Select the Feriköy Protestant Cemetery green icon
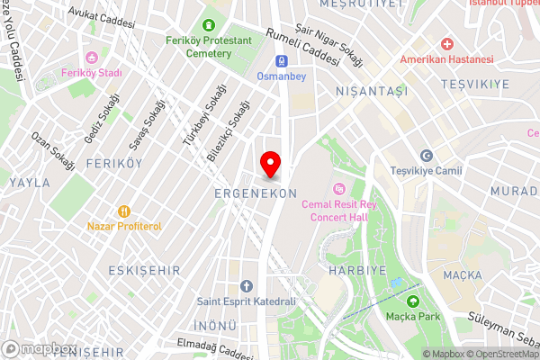click(x=210, y=25)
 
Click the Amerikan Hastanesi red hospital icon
click(x=447, y=43)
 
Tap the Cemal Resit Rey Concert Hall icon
click(x=339, y=189)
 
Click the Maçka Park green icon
click(x=413, y=301)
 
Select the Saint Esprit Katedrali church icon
click(x=246, y=286)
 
